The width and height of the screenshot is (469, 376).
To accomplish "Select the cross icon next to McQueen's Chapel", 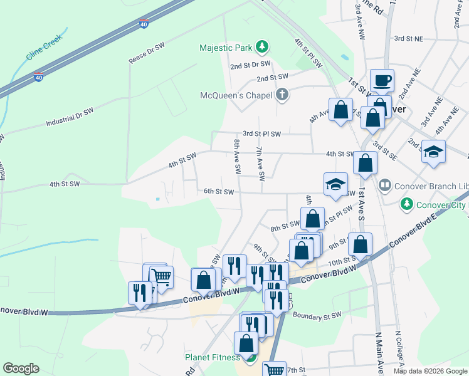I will (x=282, y=95).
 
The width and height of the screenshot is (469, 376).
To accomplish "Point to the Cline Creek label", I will (x=45, y=51).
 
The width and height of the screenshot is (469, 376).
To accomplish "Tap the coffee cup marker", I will (x=382, y=81).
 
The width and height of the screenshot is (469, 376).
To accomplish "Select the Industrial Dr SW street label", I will (x=69, y=117).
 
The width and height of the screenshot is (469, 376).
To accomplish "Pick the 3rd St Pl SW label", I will (x=262, y=134).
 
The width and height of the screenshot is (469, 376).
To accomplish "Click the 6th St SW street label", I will (x=218, y=192).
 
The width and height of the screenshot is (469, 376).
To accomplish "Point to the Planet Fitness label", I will (x=212, y=358).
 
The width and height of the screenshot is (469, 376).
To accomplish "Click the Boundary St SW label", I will (x=316, y=315).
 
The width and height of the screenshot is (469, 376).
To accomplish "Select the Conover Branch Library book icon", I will (x=384, y=185).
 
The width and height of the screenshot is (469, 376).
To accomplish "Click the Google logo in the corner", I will (x=21, y=368).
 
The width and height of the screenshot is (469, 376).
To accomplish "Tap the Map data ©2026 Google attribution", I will (x=429, y=371).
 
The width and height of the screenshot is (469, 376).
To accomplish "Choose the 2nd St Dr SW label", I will (x=250, y=65).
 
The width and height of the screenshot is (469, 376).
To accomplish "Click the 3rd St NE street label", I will (x=408, y=38).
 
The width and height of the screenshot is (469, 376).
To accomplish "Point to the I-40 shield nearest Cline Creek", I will (x=39, y=77).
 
